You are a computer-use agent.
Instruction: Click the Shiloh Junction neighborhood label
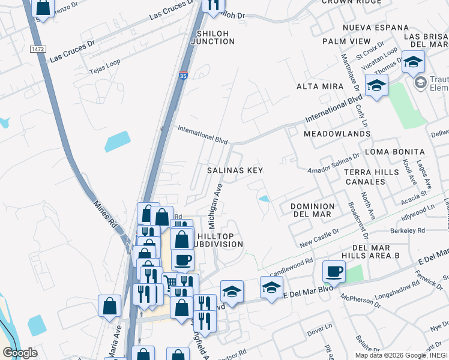pyautogui.click(x=212, y=37)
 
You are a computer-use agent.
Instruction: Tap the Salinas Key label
pyautogui.click(x=235, y=170)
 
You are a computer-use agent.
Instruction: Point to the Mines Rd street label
pyautogui.click(x=105, y=217)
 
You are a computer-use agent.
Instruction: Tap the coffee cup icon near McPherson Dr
pyautogui.click(x=334, y=271)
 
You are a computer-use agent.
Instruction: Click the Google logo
pyautogui.click(x=20, y=353)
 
